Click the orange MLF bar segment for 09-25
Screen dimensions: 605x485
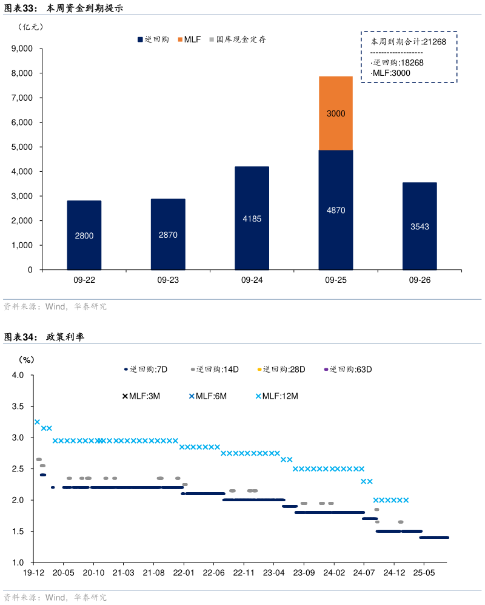coord(335,113)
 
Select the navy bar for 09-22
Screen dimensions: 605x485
coord(84,235)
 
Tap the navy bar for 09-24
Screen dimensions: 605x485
coord(252,218)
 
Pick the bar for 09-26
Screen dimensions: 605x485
coord(420,226)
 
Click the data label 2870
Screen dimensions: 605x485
coord(168,235)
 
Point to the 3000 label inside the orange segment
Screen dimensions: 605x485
coord(335,113)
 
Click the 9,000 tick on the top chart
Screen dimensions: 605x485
coord(22,49)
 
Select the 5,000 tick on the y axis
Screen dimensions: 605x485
coord(22,147)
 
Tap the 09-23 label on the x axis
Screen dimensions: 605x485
coord(168,280)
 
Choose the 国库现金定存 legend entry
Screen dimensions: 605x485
coord(241,39)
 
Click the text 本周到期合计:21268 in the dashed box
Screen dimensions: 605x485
coord(408,42)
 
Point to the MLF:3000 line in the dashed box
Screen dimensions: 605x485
coord(391,73)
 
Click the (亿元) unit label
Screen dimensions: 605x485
coord(30,27)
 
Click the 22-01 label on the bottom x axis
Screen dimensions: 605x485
coord(183,572)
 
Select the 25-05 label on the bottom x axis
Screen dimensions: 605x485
coord(424,572)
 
